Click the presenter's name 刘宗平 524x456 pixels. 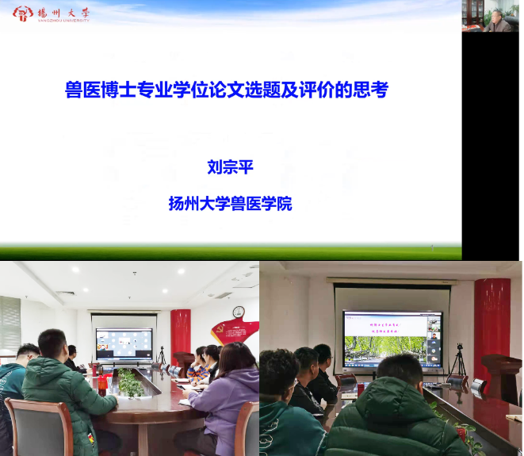tap(229, 167)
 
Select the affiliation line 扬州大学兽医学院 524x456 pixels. tap(230, 204)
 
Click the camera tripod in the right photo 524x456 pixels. tap(458, 361)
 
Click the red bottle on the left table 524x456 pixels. tap(101, 384)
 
